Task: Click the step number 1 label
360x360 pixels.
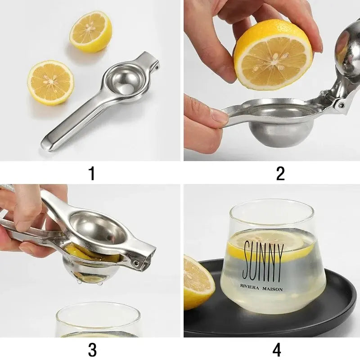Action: (92, 173)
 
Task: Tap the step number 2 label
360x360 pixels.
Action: (280, 173)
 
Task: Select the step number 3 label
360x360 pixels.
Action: (92, 349)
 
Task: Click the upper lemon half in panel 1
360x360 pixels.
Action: (90, 31)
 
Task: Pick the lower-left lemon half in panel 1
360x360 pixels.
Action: (50, 82)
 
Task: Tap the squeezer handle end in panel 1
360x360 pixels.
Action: (49, 144)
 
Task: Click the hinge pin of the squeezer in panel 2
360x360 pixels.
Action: (341, 104)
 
